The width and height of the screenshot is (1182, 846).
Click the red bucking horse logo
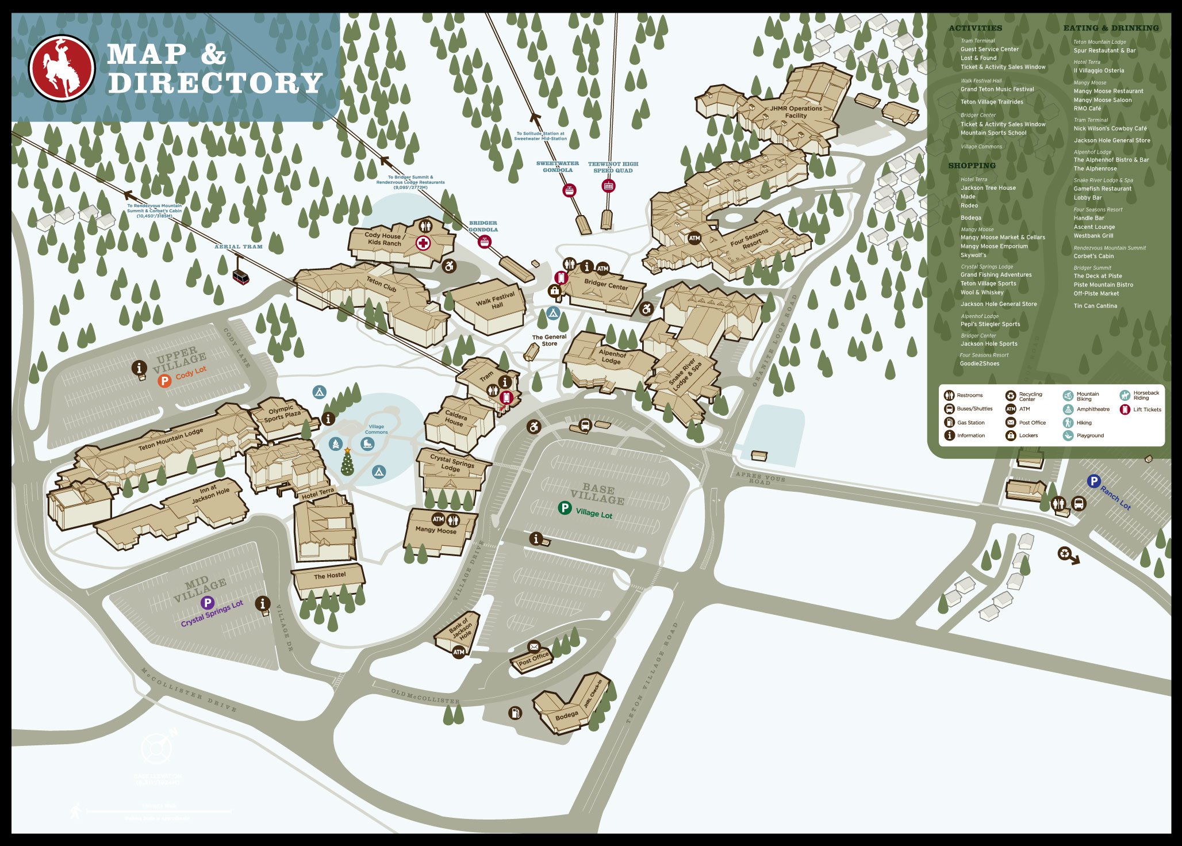point(62,68)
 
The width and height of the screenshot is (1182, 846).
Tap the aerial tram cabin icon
point(241,277)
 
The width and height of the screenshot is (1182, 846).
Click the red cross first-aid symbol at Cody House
point(424,243)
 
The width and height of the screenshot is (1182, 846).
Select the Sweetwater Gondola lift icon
point(569,190)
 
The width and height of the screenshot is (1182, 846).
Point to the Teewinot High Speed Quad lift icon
point(608,186)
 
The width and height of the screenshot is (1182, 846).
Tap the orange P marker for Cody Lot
point(164,381)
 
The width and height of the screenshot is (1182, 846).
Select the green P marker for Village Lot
point(565,508)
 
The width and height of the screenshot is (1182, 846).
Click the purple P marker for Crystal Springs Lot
point(207,603)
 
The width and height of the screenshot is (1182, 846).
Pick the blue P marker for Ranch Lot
point(1093,481)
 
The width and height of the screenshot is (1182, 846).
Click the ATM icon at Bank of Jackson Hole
point(459,652)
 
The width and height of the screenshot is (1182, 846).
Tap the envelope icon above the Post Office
point(534,646)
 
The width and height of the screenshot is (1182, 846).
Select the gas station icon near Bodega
point(515,713)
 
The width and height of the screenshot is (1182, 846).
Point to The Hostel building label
point(329,576)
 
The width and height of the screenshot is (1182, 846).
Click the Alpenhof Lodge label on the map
point(611,357)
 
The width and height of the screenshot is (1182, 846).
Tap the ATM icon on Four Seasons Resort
point(694,238)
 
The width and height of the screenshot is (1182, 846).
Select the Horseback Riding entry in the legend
point(1145,395)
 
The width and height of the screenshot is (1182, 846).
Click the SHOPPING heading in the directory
point(972,166)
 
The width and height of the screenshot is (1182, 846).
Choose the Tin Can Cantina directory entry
point(1095,306)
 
